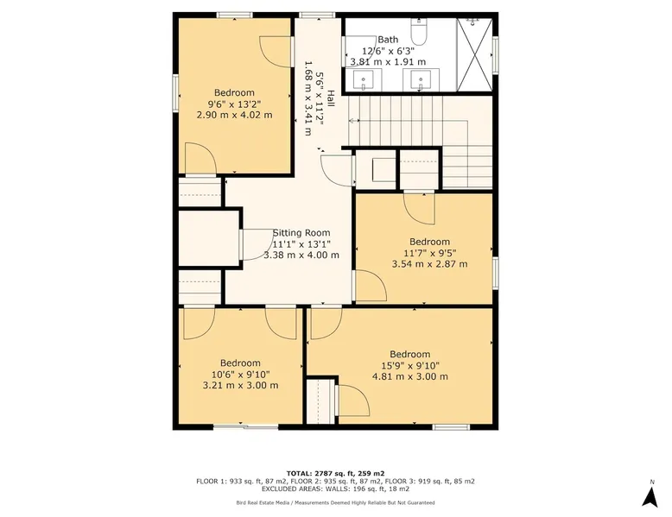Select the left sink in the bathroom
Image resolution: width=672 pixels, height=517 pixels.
pyautogui.click(x=363, y=80)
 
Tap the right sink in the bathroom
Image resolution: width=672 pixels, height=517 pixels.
pyautogui.click(x=421, y=80)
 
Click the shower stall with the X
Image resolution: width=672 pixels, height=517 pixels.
pyautogui.click(x=474, y=55)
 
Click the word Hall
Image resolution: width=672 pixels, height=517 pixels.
pyautogui.click(x=331, y=100)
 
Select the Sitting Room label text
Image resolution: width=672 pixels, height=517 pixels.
pyautogui.click(x=301, y=233)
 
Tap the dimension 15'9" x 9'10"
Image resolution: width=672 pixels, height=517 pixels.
pyautogui.click(x=410, y=365)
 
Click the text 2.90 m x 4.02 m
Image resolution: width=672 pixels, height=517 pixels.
pyautogui.click(x=234, y=115)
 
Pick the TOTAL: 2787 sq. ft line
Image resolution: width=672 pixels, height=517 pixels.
pyautogui.click(x=336, y=473)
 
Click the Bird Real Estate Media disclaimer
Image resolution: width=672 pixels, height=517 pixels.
pyautogui.click(x=336, y=503)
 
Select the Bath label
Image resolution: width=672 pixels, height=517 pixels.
pyautogui.click(x=388, y=40)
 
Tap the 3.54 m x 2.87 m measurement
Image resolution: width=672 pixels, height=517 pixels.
pyautogui.click(x=429, y=264)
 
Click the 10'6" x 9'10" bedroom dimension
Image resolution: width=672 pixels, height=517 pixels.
pyautogui.click(x=240, y=374)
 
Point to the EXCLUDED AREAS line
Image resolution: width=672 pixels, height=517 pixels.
pyautogui.click(x=336, y=489)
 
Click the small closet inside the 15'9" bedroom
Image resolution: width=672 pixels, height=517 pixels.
pyautogui.click(x=320, y=401)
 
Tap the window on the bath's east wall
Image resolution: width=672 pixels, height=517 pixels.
pyautogui.click(x=496, y=54)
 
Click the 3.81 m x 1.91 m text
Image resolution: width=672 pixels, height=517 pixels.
pyautogui.click(x=389, y=61)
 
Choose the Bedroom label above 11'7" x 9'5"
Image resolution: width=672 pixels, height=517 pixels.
pyautogui.click(x=429, y=242)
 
